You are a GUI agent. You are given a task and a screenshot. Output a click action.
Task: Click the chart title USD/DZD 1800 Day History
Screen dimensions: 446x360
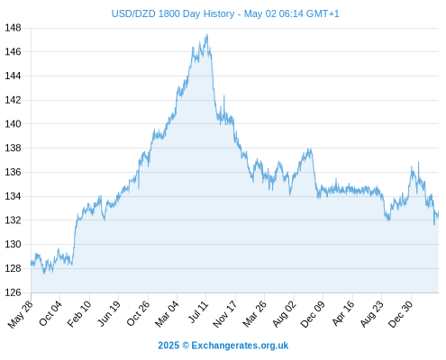(x=173, y=13)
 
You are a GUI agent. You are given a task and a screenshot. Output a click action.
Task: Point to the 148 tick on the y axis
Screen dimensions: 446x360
(x=13, y=28)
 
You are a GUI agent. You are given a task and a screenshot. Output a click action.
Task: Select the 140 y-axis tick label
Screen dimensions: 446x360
(x=13, y=124)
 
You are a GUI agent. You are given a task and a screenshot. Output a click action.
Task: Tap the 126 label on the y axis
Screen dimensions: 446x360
(x=13, y=292)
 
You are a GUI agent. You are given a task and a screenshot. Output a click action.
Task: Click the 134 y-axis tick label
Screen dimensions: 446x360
(x=13, y=196)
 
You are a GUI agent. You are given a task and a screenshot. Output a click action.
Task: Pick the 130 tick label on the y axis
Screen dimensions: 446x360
(x=13, y=245)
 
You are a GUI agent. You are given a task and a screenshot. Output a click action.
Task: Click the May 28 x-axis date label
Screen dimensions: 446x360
(x=20, y=314)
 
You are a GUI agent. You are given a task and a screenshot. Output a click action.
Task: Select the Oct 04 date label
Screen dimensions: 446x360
(x=50, y=313)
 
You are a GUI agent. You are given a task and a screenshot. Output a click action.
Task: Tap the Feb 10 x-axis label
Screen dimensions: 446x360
(x=78, y=314)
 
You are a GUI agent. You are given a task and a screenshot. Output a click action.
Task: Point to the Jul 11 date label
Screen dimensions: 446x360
(x=198, y=312)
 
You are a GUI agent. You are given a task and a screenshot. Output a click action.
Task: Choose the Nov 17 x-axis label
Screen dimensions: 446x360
(x=224, y=314)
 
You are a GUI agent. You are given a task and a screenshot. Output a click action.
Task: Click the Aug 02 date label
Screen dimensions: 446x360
(x=284, y=314)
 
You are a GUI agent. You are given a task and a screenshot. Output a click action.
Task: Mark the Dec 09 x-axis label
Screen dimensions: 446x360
(x=313, y=314)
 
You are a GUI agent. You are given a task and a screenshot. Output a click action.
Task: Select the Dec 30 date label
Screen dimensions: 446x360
(x=400, y=314)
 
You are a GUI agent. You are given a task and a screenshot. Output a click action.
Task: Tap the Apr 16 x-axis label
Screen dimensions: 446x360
(x=343, y=313)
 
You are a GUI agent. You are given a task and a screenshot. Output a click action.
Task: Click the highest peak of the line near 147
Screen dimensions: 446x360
(x=207, y=34)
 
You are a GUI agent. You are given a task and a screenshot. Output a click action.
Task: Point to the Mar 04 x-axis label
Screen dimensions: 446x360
(x=167, y=314)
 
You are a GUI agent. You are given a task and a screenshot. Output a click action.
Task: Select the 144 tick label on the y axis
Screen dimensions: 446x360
(x=13, y=76)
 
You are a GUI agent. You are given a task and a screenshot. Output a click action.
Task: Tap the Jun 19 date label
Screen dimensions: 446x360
(x=109, y=314)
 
